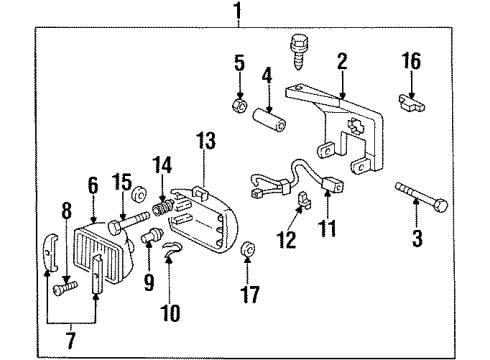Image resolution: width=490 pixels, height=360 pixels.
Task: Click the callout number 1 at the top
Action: point(237,12)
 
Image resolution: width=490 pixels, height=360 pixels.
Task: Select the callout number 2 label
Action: point(342,62)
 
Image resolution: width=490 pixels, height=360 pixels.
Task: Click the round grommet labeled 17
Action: point(247,248)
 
